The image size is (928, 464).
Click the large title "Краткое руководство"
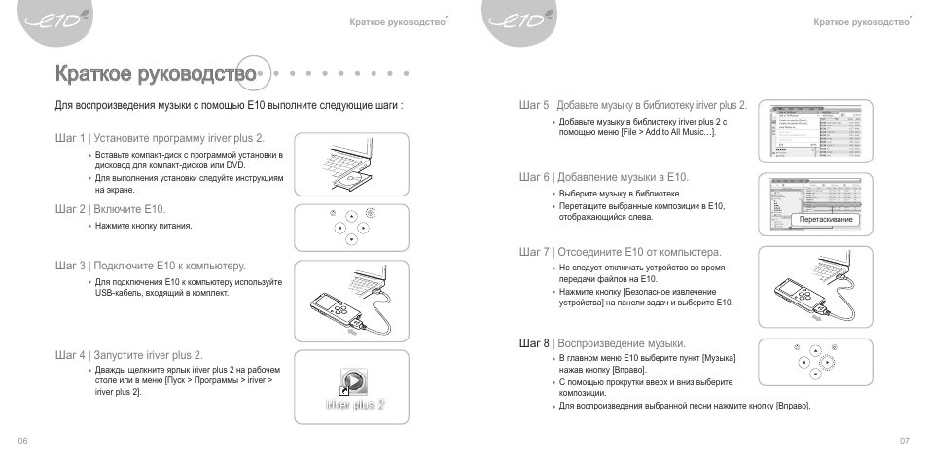[156, 73]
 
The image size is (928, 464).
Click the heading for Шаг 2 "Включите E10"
[110, 209]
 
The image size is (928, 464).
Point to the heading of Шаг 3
[150, 266]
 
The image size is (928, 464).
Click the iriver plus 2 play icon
[351, 382]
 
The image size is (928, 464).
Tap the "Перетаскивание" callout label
[825, 219]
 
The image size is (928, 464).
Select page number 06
[23, 441]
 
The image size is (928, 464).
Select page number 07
[904, 441]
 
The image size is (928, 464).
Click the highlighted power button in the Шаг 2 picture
[370, 213]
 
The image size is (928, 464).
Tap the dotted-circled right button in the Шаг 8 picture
[830, 363]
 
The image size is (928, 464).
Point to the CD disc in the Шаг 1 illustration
[348, 181]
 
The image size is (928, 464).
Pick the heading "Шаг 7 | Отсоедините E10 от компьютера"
[619, 252]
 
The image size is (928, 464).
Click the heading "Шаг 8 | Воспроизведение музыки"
[602, 343]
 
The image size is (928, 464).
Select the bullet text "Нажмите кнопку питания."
[144, 226]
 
